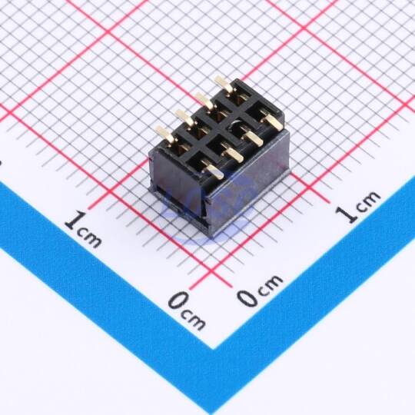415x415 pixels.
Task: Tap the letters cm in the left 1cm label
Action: tap(90, 238)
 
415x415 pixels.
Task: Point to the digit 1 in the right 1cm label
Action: tap(347, 214)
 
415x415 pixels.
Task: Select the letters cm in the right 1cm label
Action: tap(369, 200)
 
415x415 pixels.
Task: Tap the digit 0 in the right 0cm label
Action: tap(247, 297)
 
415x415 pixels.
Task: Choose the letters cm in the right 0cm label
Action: tap(270, 284)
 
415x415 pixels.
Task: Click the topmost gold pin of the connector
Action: tap(224, 85)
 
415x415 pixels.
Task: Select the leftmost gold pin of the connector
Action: tap(164, 134)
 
